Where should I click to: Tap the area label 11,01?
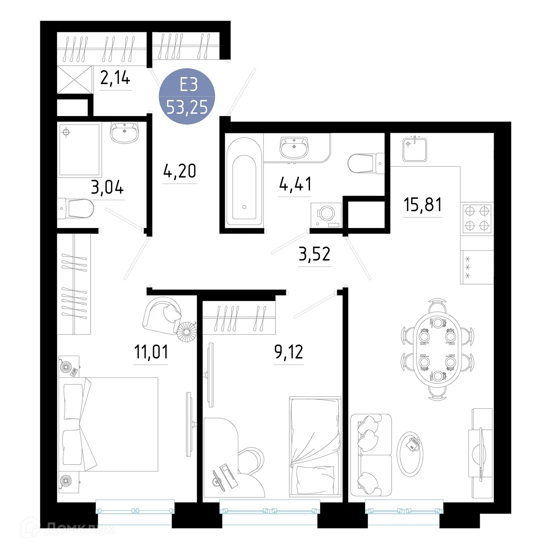(151, 352)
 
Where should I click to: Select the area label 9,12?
(289, 352)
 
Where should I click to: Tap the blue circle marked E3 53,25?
(187, 96)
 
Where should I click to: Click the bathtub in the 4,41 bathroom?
(244, 181)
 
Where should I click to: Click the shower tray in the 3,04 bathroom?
(80, 149)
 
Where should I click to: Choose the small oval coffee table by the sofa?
(410, 454)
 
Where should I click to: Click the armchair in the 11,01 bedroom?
(162, 314)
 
